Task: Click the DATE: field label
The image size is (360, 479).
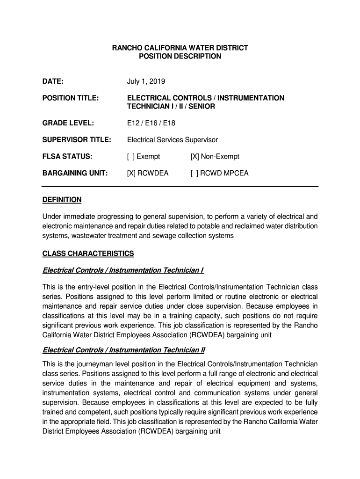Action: pyautogui.click(x=53, y=81)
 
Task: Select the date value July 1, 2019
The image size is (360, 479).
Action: pyautogui.click(x=146, y=81)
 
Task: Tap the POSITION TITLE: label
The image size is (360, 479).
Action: pyautogui.click(x=71, y=98)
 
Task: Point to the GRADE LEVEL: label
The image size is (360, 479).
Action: pyautogui.click(x=68, y=123)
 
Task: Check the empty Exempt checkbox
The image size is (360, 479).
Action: pyautogui.click(x=130, y=157)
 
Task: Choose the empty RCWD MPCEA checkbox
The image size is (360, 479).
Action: pyautogui.click(x=194, y=174)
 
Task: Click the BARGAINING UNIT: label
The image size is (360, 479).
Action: pyautogui.click(x=75, y=174)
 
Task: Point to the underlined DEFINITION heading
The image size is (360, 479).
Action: pyautogui.click(x=62, y=200)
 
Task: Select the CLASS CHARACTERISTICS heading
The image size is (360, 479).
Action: pyautogui.click(x=88, y=254)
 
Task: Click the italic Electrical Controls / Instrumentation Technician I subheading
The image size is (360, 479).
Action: pyautogui.click(x=123, y=270)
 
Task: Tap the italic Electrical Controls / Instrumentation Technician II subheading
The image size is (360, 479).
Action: pyautogui.click(x=124, y=350)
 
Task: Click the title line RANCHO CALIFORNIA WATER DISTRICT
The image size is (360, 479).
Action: pyautogui.click(x=180, y=48)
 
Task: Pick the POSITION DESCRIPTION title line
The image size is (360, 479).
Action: pyautogui.click(x=180, y=56)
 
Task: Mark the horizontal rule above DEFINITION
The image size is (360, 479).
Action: pyautogui.click(x=180, y=187)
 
